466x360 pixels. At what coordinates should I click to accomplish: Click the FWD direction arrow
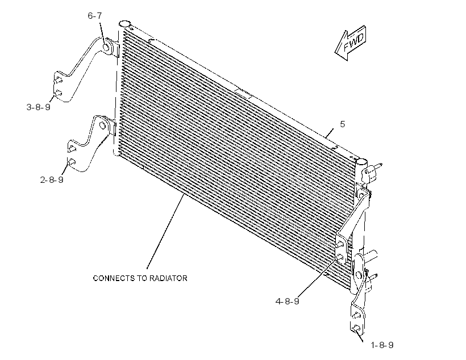pyautogui.click(x=351, y=43)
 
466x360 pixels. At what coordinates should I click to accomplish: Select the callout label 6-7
pyautogui.click(x=95, y=16)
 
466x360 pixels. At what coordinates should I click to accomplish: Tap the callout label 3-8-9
pyautogui.click(x=38, y=107)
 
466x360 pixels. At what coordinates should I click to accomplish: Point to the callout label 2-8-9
pyautogui.click(x=52, y=179)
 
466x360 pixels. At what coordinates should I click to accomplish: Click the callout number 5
pyautogui.click(x=342, y=124)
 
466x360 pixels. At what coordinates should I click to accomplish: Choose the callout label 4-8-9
pyautogui.click(x=287, y=301)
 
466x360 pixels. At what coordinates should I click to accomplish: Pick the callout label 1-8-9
pyautogui.click(x=382, y=345)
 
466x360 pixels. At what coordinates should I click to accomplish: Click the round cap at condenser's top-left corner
pyautogui.click(x=124, y=24)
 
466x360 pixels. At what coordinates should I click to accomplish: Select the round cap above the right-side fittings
pyautogui.click(x=361, y=162)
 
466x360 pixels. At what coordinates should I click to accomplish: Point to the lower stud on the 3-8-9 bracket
pyautogui.click(x=58, y=93)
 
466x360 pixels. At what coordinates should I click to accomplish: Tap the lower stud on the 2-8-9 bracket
pyautogui.click(x=72, y=162)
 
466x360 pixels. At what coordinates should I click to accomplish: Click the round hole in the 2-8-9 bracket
pyautogui.click(x=102, y=125)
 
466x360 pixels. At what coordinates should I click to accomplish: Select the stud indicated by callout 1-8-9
pyautogui.click(x=356, y=328)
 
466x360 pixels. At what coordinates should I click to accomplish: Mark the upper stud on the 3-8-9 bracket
pyautogui.click(x=58, y=79)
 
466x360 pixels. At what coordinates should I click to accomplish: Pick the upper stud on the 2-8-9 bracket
pyautogui.click(x=72, y=149)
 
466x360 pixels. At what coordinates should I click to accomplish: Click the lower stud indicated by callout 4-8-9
pyautogui.click(x=341, y=257)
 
